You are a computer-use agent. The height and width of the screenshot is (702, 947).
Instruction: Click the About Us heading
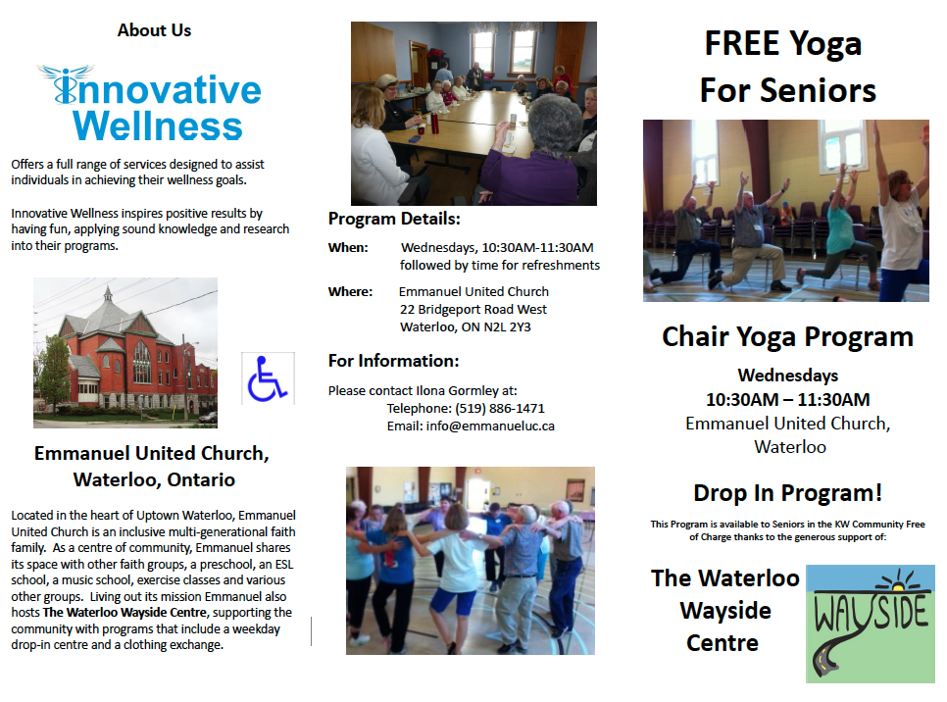tap(154, 30)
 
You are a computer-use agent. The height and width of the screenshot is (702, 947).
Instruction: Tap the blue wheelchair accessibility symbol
tap(267, 378)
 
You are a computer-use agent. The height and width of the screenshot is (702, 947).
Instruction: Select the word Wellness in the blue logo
tap(158, 125)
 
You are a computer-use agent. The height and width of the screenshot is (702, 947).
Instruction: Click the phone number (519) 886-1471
tap(499, 409)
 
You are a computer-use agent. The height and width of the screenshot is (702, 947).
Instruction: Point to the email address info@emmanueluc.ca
tap(490, 426)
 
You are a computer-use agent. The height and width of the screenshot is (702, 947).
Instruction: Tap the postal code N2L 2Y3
tap(508, 326)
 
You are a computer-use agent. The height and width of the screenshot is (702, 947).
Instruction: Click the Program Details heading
tap(394, 219)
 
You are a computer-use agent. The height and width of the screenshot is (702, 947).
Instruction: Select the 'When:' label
tap(348, 248)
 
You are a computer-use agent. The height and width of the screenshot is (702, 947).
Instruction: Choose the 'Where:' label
tap(350, 292)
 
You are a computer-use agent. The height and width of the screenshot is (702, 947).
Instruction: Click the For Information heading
tap(393, 361)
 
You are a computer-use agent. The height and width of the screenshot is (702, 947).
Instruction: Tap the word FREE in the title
tap(742, 43)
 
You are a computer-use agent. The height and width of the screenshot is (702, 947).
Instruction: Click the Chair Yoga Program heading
tap(787, 337)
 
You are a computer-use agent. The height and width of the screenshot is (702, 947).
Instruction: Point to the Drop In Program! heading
tap(787, 493)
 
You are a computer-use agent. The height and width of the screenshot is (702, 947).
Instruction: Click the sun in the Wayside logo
tap(898, 582)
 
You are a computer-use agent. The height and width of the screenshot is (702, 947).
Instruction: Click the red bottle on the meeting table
tap(435, 124)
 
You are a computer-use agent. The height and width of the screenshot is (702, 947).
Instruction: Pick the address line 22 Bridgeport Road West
tap(473, 309)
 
